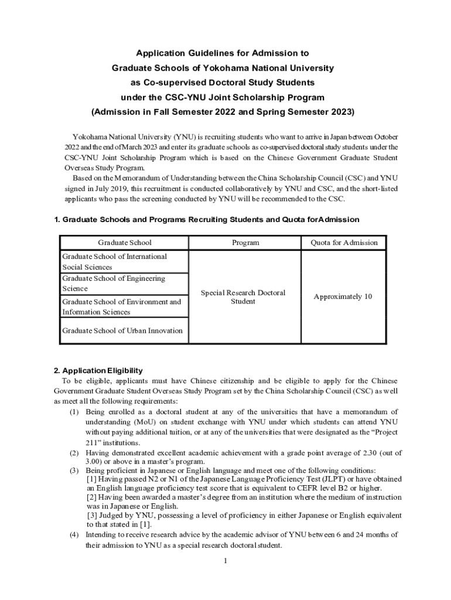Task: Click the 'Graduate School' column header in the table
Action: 124,242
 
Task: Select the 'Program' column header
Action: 245,242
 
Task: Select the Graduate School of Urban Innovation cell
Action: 122,330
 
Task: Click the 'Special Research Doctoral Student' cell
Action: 243,297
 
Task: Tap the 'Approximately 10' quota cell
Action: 343,296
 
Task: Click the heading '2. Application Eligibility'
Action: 98,371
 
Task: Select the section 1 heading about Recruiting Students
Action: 206,219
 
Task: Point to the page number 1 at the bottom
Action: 225,561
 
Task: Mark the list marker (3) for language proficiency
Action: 74,471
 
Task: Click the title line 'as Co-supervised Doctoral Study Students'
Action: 222,82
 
